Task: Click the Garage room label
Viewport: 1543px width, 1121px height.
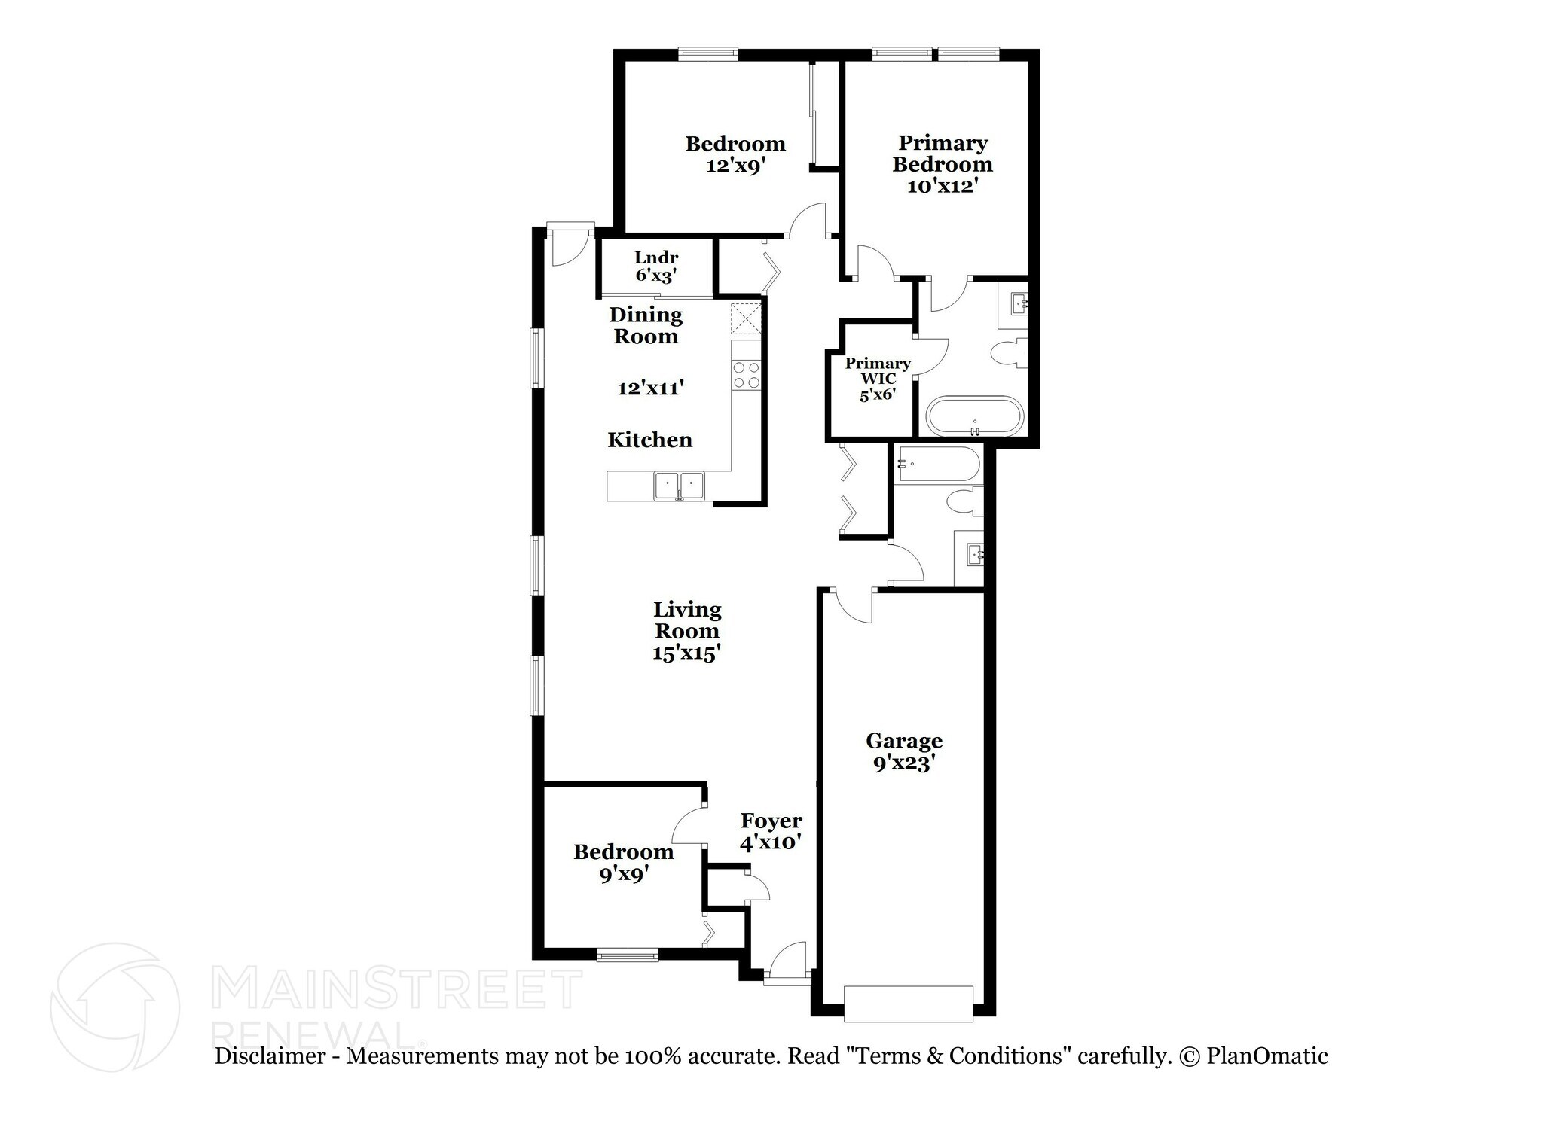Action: pos(904,741)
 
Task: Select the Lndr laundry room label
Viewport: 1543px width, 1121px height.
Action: pos(656,257)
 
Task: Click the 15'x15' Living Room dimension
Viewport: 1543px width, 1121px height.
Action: pos(686,652)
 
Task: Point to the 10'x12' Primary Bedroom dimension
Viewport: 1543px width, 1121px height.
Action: pos(943,185)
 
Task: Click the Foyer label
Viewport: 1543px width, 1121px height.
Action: pos(771,821)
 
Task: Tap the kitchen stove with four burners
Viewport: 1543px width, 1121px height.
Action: pos(747,375)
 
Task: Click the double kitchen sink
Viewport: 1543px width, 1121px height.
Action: pos(679,486)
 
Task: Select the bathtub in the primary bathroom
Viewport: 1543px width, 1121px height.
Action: pos(975,416)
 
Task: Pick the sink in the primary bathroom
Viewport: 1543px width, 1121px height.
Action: pos(1014,304)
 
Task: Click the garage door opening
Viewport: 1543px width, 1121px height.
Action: pos(908,1004)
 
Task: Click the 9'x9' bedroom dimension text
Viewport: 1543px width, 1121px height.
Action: pos(625,874)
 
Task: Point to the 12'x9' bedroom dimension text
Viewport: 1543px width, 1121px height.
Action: pos(735,165)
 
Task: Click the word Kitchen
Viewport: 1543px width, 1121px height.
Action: pos(649,440)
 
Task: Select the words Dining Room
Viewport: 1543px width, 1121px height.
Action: pos(646,325)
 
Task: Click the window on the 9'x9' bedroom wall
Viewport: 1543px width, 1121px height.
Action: pos(628,955)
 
